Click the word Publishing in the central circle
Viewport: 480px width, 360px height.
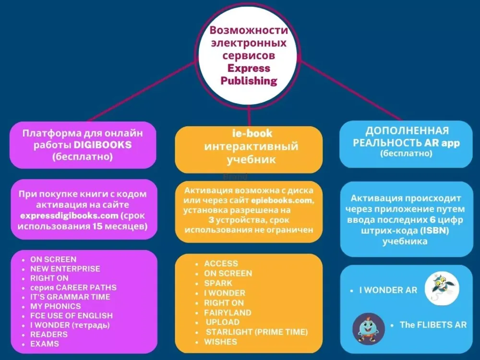(249, 80)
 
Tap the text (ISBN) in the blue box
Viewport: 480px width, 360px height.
(435, 231)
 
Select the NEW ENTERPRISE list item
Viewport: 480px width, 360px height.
(65, 269)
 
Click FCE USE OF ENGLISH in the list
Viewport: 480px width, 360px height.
(72, 316)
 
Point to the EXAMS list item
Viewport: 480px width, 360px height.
(45, 344)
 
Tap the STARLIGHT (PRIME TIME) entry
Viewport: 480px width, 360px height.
(256, 332)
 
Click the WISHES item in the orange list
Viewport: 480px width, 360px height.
(220, 342)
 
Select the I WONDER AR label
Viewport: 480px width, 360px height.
(388, 290)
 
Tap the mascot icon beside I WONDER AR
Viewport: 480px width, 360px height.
(442, 288)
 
